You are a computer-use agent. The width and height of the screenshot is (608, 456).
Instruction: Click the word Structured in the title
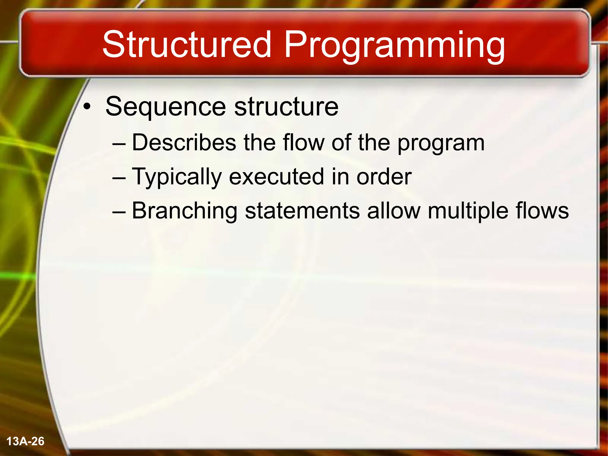point(187,45)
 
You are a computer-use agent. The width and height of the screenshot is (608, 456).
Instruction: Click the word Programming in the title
point(394,46)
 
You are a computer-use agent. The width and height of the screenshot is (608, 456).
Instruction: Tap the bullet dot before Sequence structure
point(86,107)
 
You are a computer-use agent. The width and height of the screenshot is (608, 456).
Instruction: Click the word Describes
point(184,142)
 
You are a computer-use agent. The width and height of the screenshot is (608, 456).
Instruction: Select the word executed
point(276,177)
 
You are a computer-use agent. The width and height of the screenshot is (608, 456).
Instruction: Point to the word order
point(384,177)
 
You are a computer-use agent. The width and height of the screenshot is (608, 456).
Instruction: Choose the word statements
point(302,211)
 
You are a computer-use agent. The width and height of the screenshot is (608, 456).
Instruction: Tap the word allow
point(394,211)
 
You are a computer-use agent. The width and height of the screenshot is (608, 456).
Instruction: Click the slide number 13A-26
point(25,441)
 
